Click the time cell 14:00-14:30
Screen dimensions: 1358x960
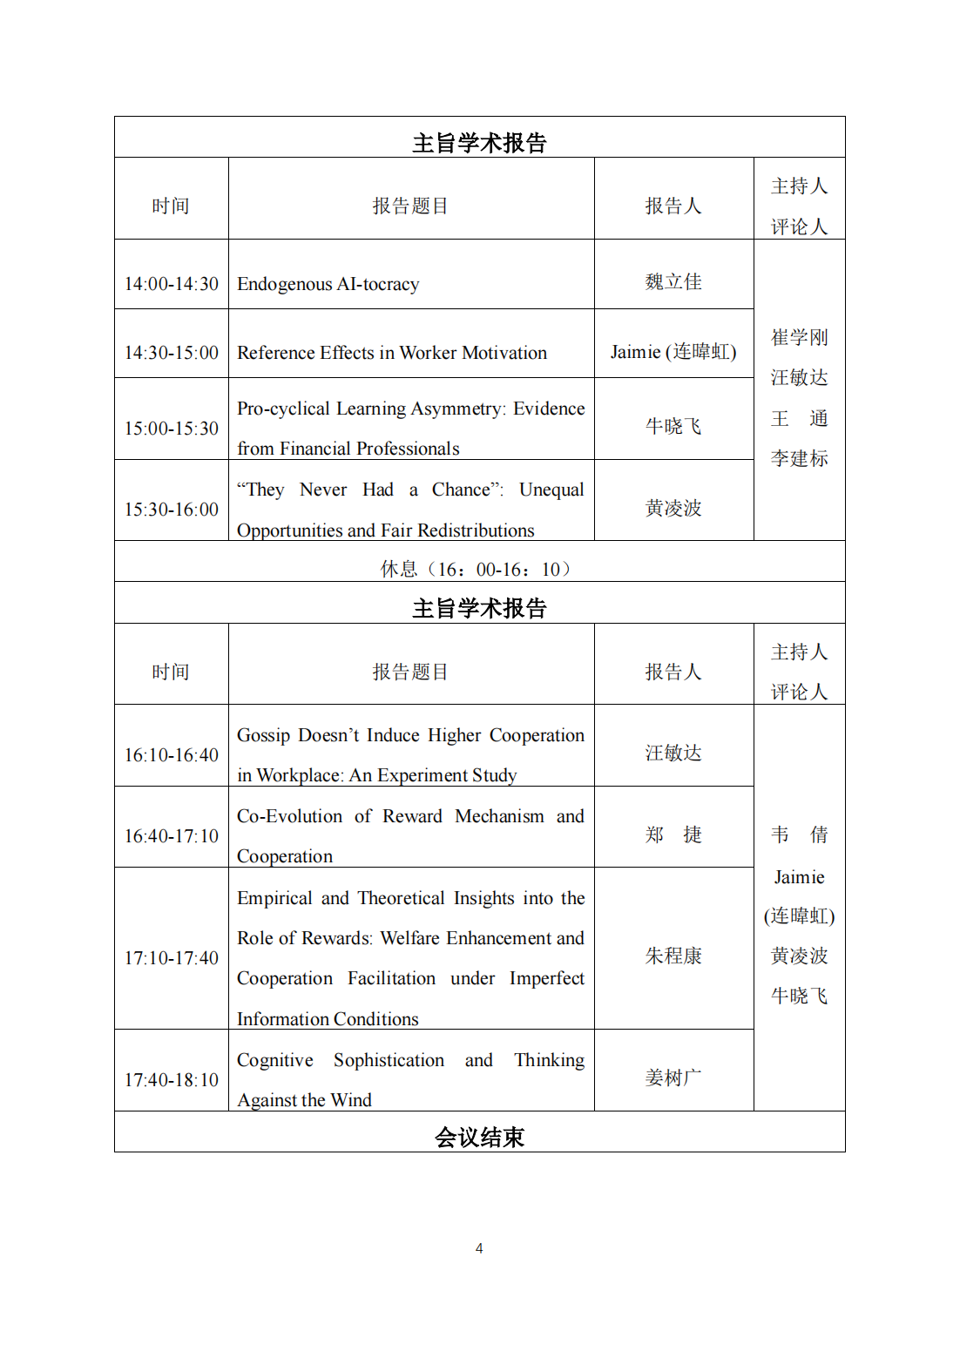[172, 284]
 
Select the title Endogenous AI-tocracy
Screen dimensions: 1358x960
[328, 284]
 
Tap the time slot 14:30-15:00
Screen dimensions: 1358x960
[172, 353]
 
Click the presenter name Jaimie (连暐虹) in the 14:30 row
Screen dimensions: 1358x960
[673, 352]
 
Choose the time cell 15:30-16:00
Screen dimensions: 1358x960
[172, 510]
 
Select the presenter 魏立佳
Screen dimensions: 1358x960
[673, 282]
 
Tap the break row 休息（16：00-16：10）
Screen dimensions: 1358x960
[479, 570]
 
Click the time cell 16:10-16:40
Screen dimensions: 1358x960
[172, 755]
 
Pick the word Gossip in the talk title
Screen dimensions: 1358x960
[263, 735]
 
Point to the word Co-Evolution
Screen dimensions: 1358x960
[289, 816]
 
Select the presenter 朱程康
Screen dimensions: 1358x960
[673, 956]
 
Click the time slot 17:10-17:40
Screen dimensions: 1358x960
[172, 958]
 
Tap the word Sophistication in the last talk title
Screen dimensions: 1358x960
[389, 1060]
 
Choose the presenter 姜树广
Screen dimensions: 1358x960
[673, 1078]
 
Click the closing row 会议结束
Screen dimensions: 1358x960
[479, 1138]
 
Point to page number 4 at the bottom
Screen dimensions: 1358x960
[479, 1248]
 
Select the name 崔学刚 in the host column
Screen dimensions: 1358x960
[799, 338]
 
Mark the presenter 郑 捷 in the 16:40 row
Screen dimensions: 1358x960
[673, 835]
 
